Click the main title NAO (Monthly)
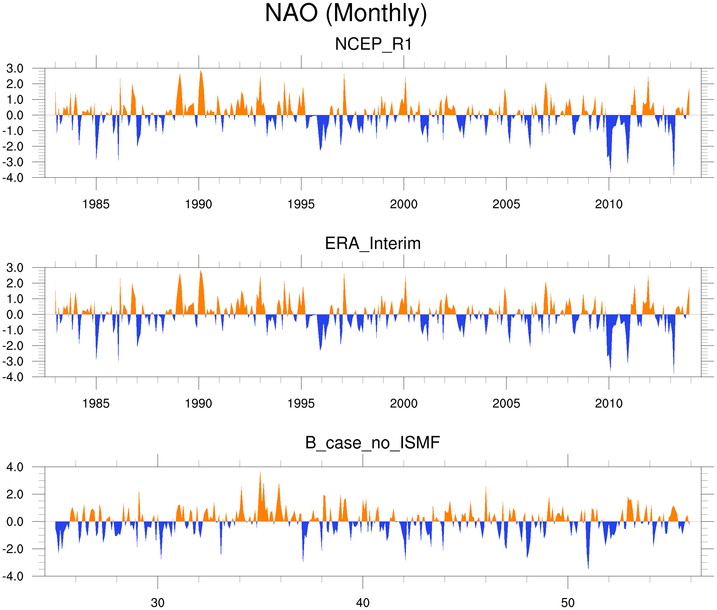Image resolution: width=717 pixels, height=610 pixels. click(x=346, y=13)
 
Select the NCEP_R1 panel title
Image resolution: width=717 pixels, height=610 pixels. click(x=373, y=44)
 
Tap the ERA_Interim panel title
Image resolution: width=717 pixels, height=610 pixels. click(x=373, y=244)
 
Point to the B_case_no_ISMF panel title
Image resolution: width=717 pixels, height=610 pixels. click(x=372, y=443)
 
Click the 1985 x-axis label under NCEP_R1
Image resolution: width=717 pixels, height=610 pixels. click(x=96, y=204)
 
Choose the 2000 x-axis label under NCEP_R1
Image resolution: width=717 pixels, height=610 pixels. click(x=403, y=204)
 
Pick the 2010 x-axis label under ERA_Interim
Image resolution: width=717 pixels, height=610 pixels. click(x=609, y=403)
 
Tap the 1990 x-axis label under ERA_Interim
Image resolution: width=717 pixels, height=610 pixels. click(x=198, y=403)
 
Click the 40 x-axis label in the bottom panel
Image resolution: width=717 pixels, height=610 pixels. click(x=363, y=603)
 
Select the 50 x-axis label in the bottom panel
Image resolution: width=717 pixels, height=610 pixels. click(x=568, y=603)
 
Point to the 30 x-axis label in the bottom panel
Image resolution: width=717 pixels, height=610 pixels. click(x=157, y=603)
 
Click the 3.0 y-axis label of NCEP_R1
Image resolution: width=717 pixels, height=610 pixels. click(x=15, y=69)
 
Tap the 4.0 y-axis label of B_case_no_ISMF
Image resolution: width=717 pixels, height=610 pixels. click(x=15, y=467)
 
